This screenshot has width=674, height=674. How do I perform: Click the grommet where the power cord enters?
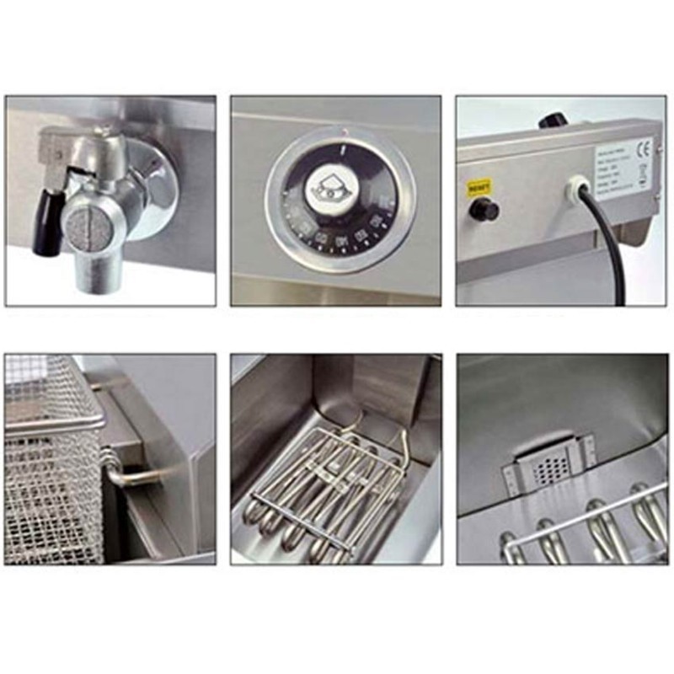(x=578, y=187)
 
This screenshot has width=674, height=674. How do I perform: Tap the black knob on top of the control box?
(x=553, y=120)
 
